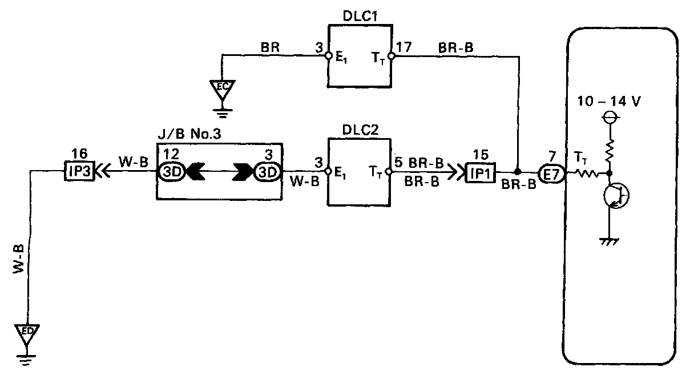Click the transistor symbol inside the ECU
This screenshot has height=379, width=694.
(615, 195)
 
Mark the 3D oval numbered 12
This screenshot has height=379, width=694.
(171, 171)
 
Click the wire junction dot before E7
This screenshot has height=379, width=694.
(518, 171)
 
